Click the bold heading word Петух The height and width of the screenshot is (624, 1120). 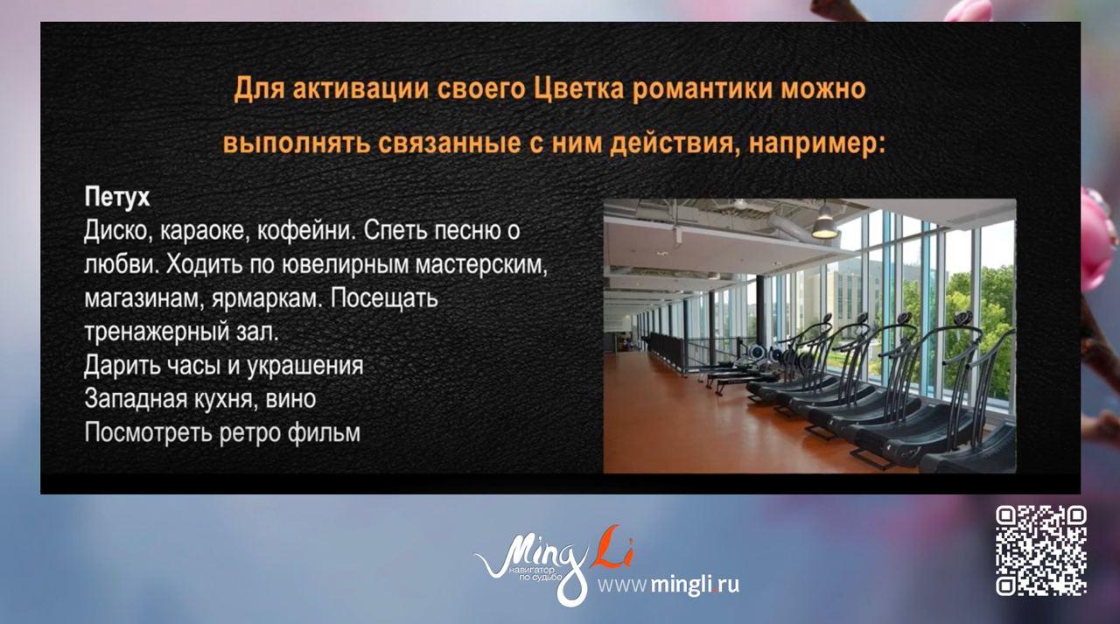click(x=117, y=197)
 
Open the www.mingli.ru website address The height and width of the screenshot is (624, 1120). click(x=668, y=584)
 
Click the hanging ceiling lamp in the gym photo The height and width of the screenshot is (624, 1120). click(x=822, y=226)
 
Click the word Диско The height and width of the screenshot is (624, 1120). click(x=116, y=231)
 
